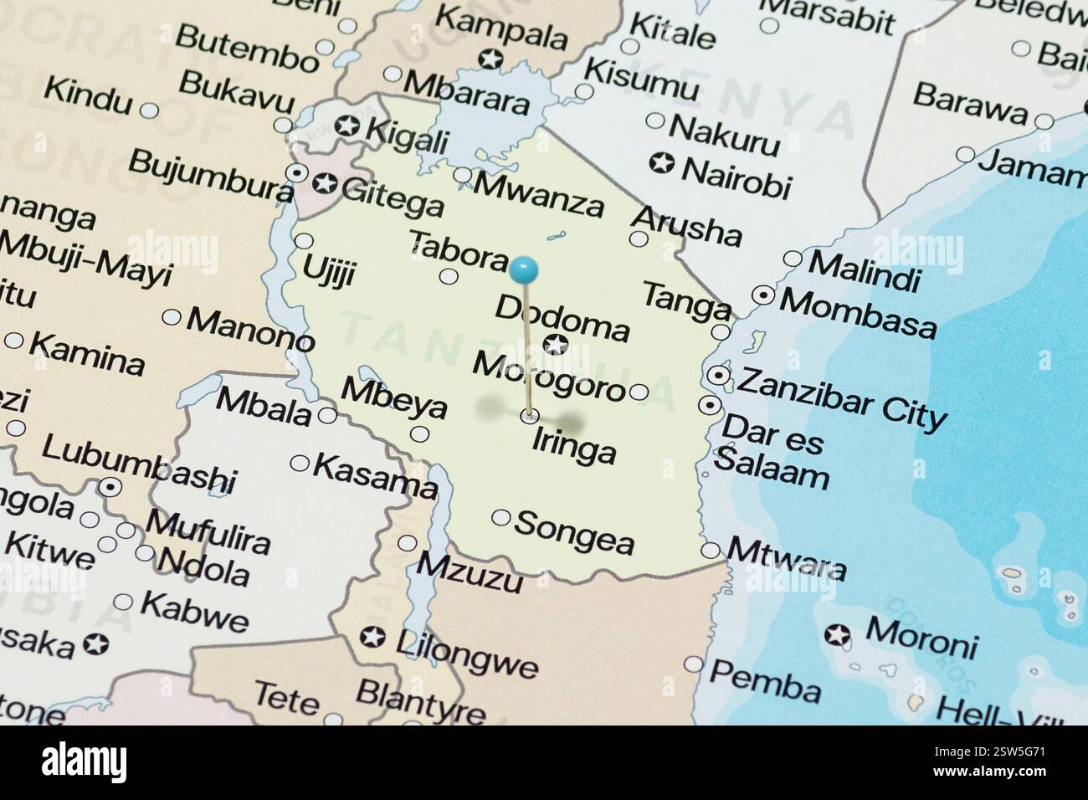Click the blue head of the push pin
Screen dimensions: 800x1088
(524, 269)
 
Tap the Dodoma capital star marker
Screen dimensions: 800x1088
(553, 343)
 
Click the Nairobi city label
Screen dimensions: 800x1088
(736, 176)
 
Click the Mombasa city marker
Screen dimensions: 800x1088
(763, 295)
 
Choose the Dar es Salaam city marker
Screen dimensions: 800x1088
(711, 406)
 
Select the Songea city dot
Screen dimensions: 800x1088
(500, 518)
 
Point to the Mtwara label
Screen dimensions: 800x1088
(787, 558)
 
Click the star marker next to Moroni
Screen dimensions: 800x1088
(835, 635)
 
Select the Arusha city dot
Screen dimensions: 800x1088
(639, 238)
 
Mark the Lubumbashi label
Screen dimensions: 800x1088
(138, 465)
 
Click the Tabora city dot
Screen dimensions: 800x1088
(449, 276)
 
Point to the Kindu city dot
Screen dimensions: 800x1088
(150, 110)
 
